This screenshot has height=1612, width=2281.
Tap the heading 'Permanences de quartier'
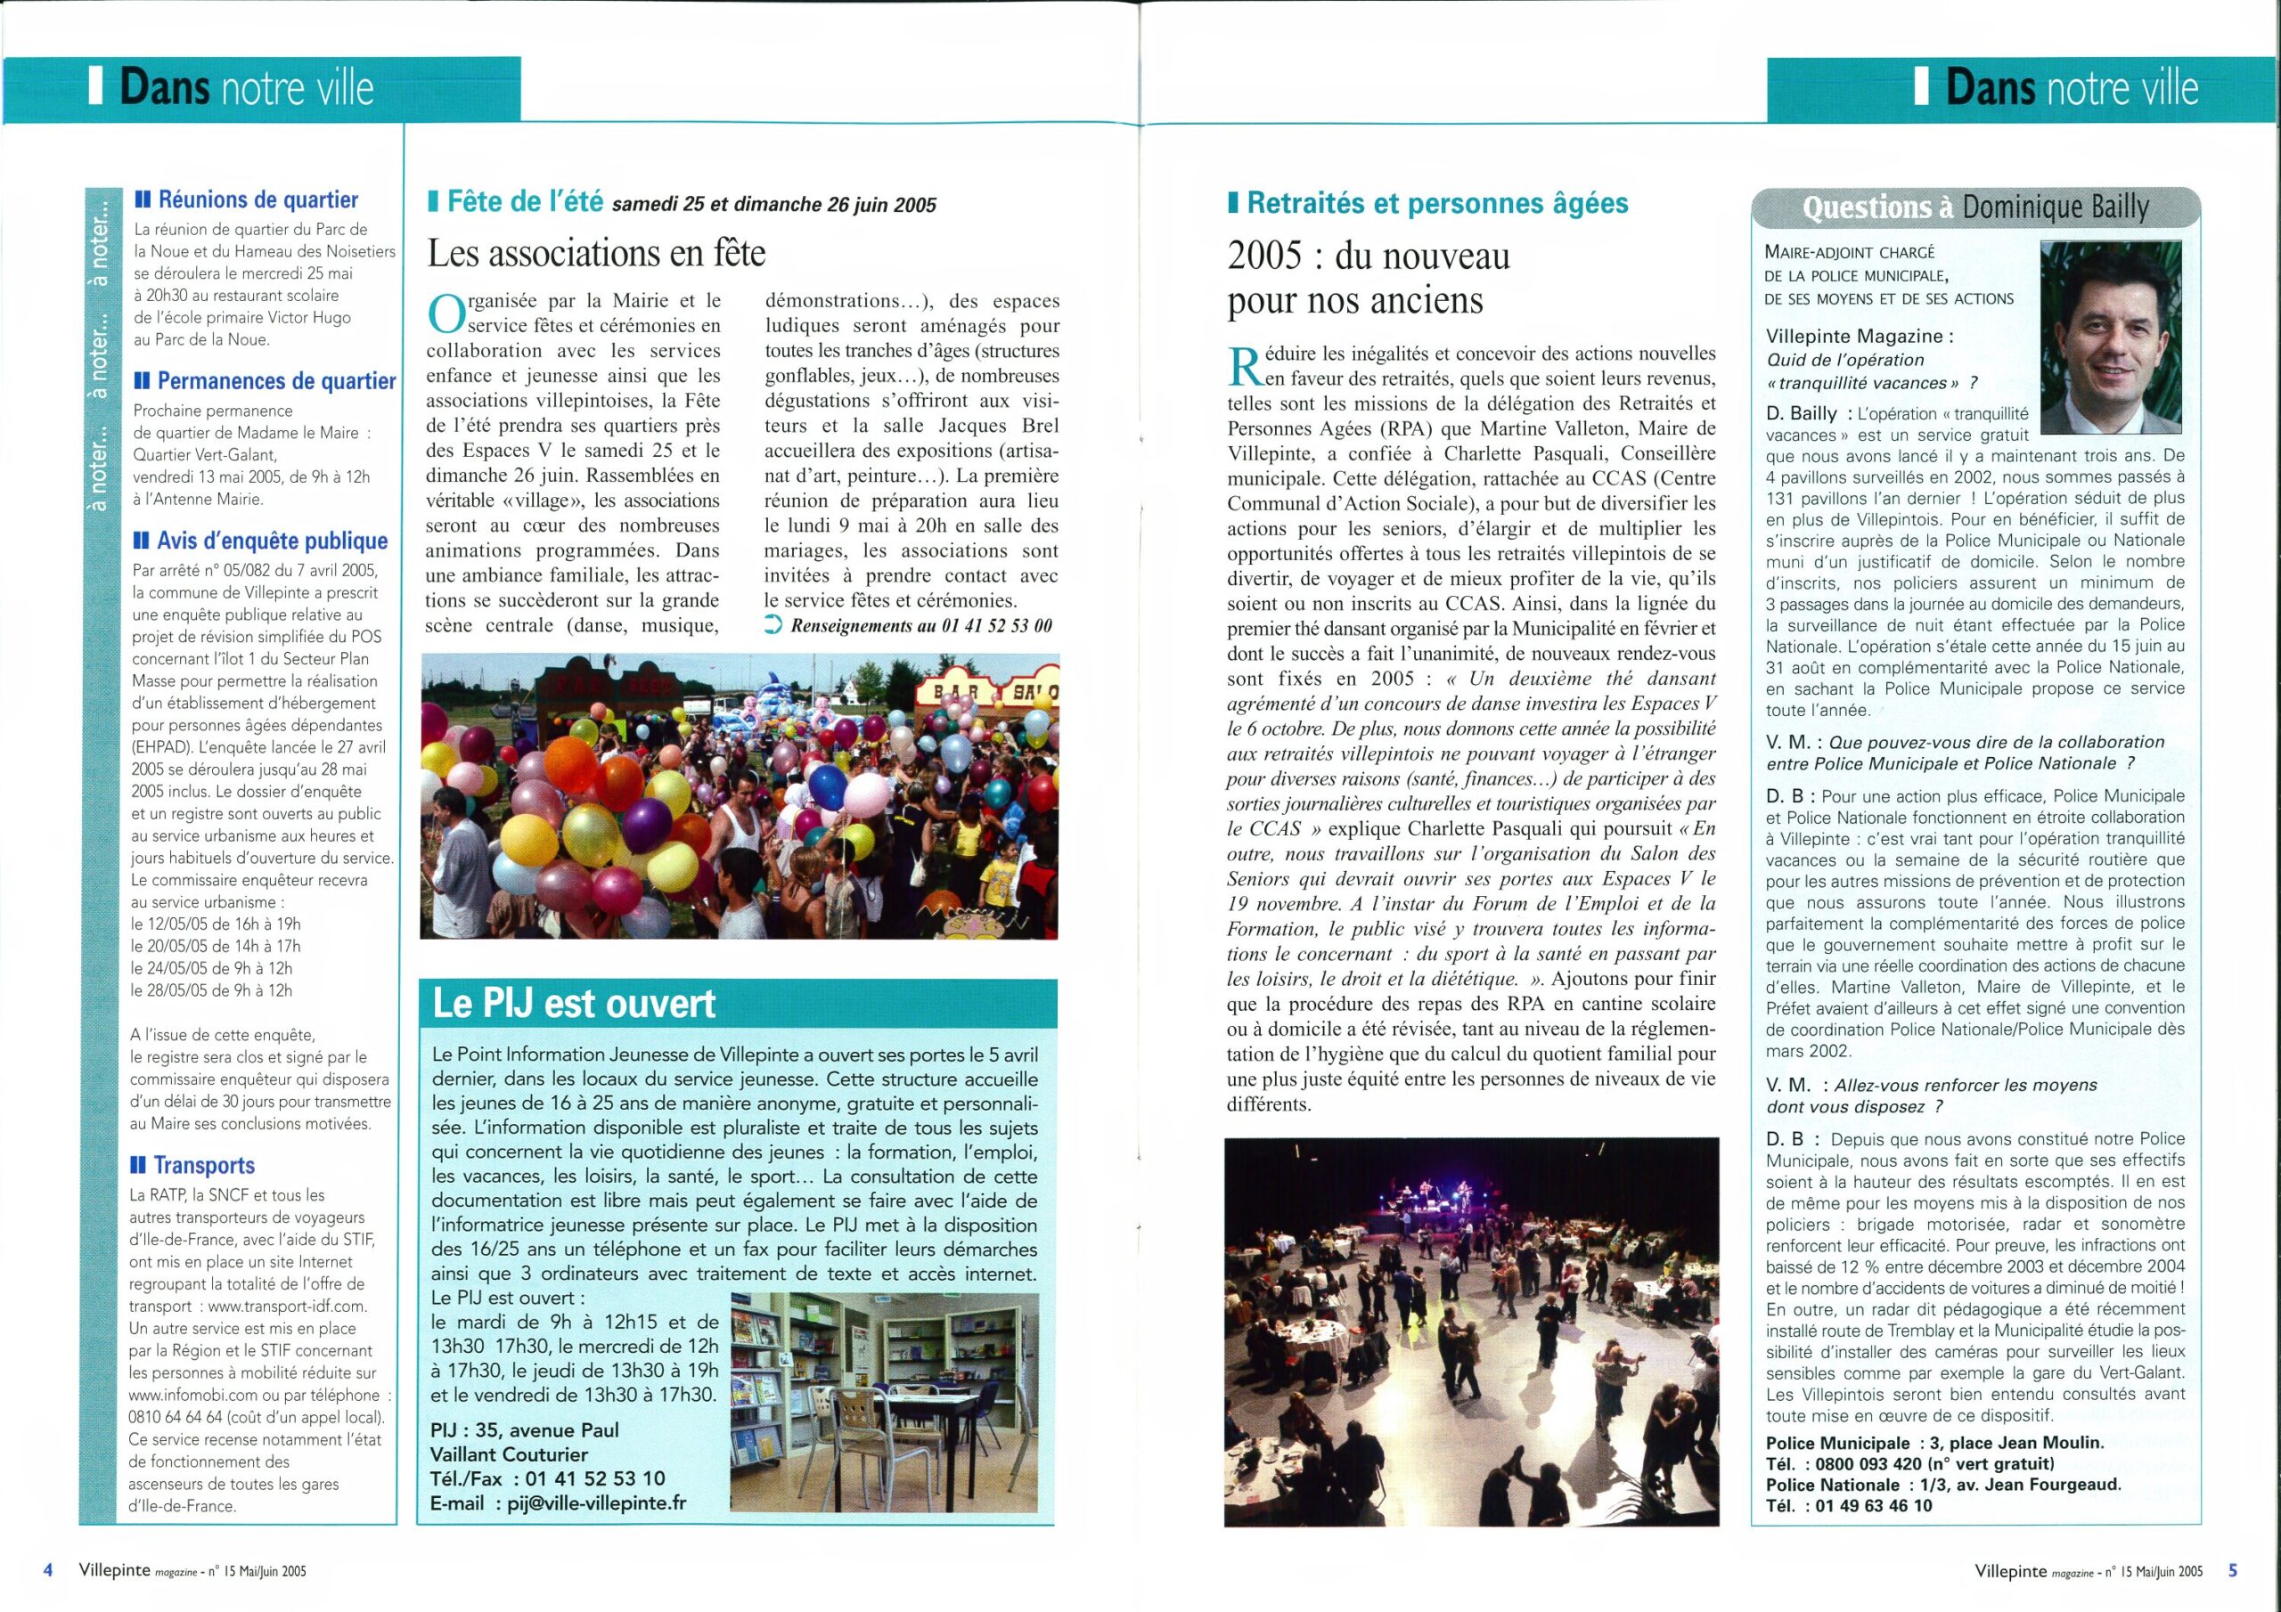tap(276, 381)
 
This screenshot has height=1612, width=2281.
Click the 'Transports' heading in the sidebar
tap(204, 1165)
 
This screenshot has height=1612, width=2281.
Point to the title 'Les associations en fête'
tap(596, 253)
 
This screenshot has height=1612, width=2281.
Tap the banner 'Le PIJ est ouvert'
tap(574, 1003)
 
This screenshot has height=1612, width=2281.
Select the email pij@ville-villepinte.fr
tap(596, 1502)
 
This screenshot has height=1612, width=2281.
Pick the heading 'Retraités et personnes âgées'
tap(1437, 204)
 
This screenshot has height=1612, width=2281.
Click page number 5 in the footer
tap(2232, 1570)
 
